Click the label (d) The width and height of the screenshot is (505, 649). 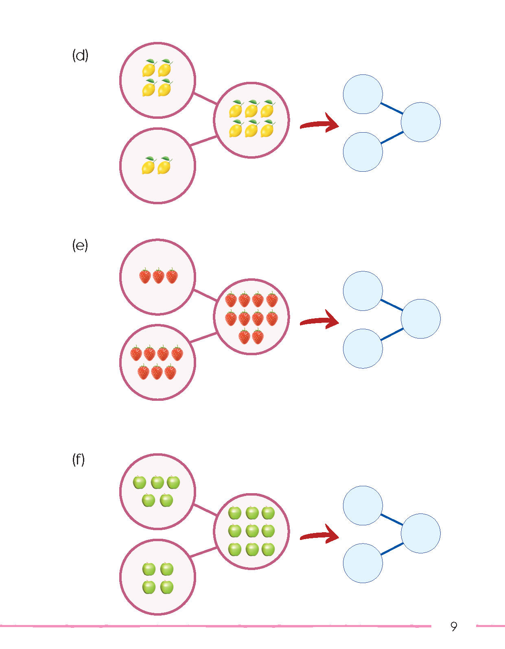(x=80, y=55)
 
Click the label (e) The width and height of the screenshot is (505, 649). (x=80, y=245)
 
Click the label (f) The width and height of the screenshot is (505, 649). (x=79, y=460)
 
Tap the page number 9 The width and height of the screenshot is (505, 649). (x=454, y=626)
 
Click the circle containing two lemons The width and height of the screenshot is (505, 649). (x=157, y=166)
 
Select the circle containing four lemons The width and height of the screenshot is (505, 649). (x=157, y=80)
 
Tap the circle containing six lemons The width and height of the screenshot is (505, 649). (x=251, y=120)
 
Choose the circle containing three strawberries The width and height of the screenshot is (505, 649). (x=157, y=277)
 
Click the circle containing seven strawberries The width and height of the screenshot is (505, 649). (x=157, y=362)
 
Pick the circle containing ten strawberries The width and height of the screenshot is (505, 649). (x=251, y=317)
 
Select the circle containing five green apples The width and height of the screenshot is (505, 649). (x=157, y=491)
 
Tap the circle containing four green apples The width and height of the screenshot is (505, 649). (x=157, y=577)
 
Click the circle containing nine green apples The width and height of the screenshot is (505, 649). (x=251, y=531)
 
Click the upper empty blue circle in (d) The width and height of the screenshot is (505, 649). (x=363, y=94)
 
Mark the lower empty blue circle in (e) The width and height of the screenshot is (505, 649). (x=363, y=349)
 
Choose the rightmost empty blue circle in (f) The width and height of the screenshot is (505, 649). (x=420, y=533)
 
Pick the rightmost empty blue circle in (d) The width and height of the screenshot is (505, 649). (x=420, y=122)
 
